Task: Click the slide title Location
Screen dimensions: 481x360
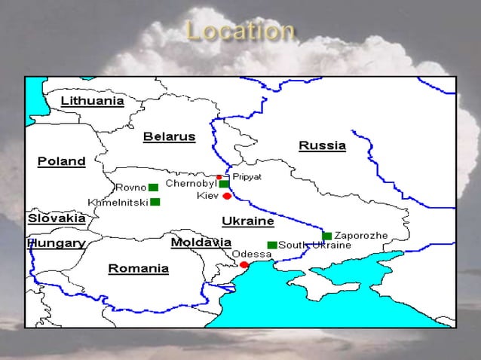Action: point(240,32)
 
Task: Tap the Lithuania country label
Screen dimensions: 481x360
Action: point(92,101)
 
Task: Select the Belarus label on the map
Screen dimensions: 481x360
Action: point(169,137)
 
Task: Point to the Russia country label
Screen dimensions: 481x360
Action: point(322,145)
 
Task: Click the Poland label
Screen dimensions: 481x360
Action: point(61,161)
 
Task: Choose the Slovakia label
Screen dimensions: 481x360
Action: point(57,218)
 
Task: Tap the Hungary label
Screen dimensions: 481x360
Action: point(57,243)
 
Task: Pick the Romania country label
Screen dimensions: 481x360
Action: point(138,268)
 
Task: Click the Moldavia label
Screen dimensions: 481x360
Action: point(201,243)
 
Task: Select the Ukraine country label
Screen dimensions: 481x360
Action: point(247,221)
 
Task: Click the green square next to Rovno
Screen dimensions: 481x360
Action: point(153,187)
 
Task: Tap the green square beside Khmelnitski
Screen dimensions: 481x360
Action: point(155,202)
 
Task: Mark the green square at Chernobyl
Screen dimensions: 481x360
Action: point(224,184)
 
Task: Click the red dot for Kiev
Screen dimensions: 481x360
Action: point(227,196)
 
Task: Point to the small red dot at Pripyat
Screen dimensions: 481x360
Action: point(219,178)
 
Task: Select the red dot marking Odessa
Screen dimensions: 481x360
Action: point(244,265)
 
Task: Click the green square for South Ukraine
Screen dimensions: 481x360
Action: point(272,245)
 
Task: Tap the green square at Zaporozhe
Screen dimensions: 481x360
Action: point(326,236)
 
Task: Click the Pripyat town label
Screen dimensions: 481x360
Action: point(247,176)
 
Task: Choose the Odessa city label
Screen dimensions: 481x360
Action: point(252,255)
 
